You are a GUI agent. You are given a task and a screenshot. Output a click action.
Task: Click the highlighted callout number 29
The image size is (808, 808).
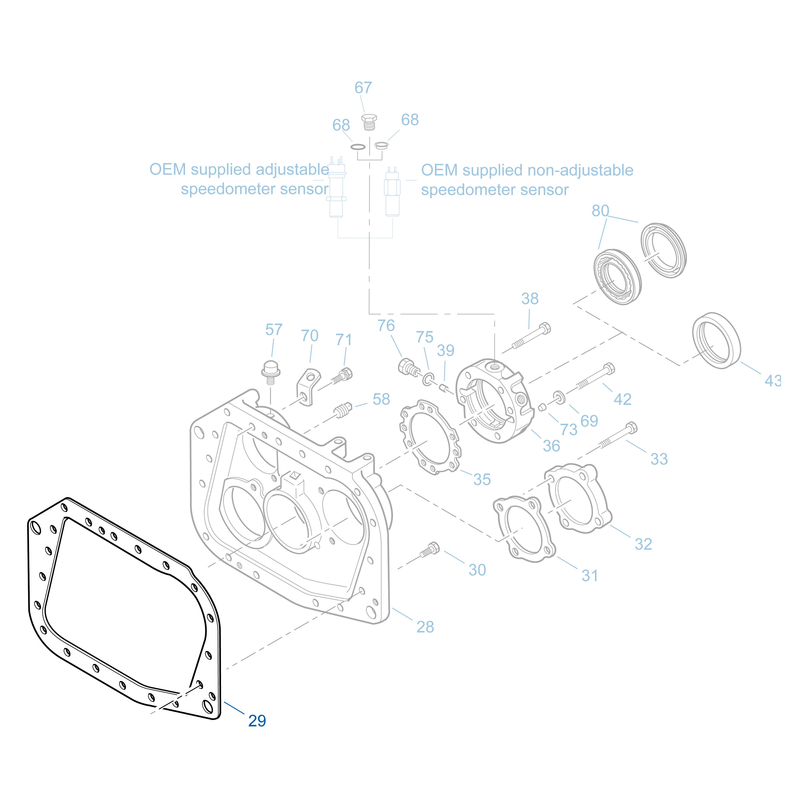[x=257, y=720]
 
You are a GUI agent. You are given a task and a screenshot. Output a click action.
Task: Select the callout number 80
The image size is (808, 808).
[x=600, y=211]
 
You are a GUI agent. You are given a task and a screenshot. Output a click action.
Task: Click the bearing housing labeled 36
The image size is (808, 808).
[x=493, y=399]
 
